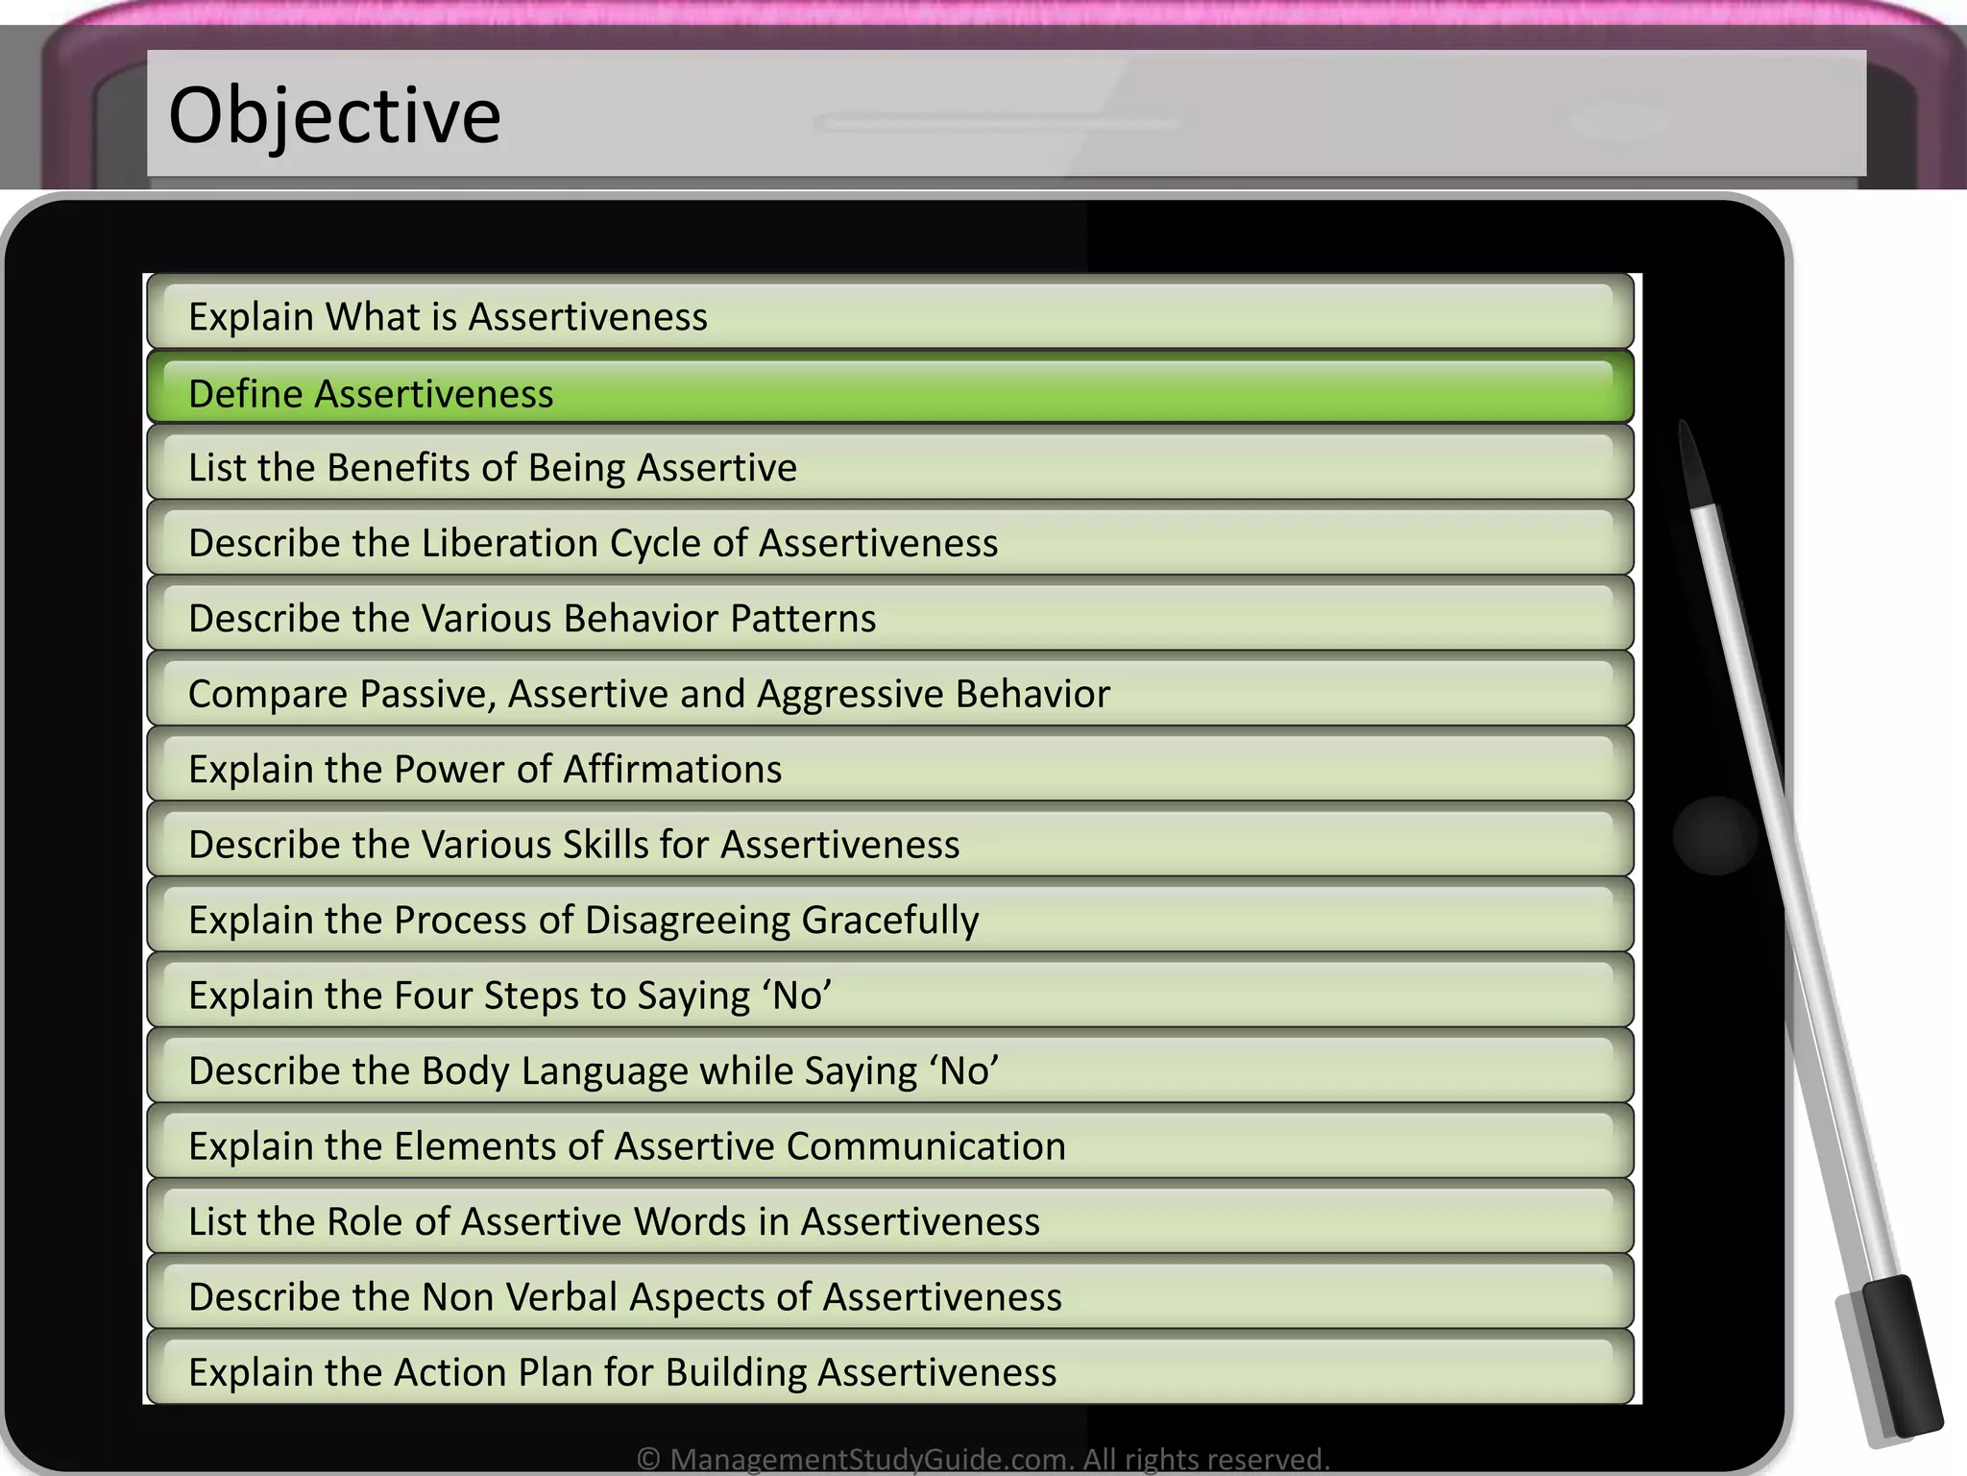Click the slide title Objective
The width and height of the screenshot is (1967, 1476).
point(334,116)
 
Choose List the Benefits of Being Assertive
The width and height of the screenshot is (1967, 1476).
point(492,468)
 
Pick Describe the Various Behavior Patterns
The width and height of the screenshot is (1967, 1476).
point(532,619)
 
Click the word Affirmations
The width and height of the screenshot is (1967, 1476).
point(672,770)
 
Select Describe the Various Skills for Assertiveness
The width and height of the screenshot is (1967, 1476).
point(573,845)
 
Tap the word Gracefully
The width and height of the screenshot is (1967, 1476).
point(889,921)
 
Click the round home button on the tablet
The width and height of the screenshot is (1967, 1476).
point(1715,835)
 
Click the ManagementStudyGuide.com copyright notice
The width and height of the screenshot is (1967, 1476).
point(983,1459)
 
